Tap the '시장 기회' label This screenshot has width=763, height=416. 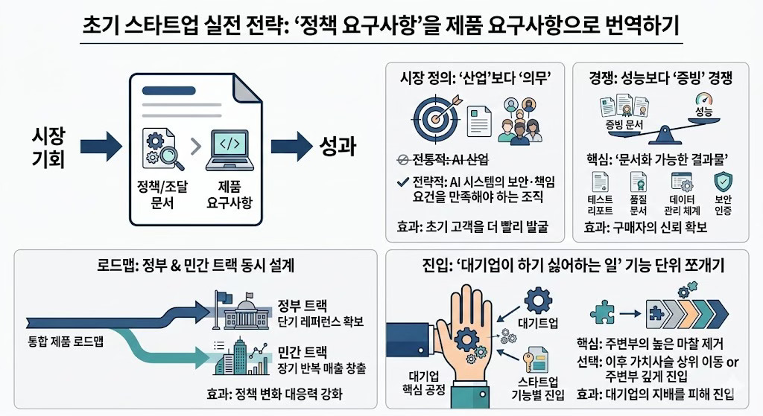point(48,147)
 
